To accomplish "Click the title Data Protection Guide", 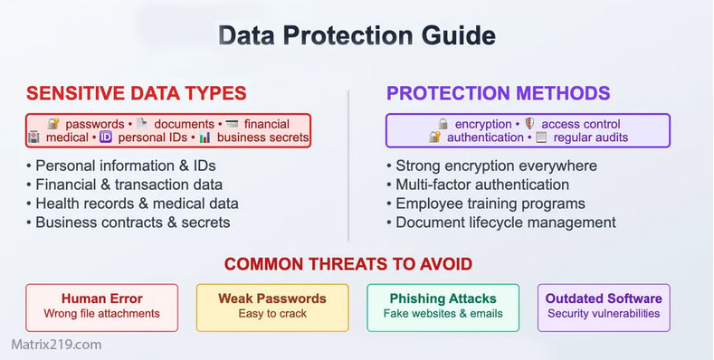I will point(357,36).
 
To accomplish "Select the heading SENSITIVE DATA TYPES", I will point(136,93).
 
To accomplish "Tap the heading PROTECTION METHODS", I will point(498,93).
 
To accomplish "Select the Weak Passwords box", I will point(271,306).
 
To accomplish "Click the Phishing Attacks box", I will point(443,306).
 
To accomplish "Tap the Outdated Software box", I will point(604,306).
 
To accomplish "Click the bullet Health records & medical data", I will point(136,204).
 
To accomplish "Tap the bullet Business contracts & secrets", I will point(132,223).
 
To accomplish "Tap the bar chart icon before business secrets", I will point(205,137).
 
